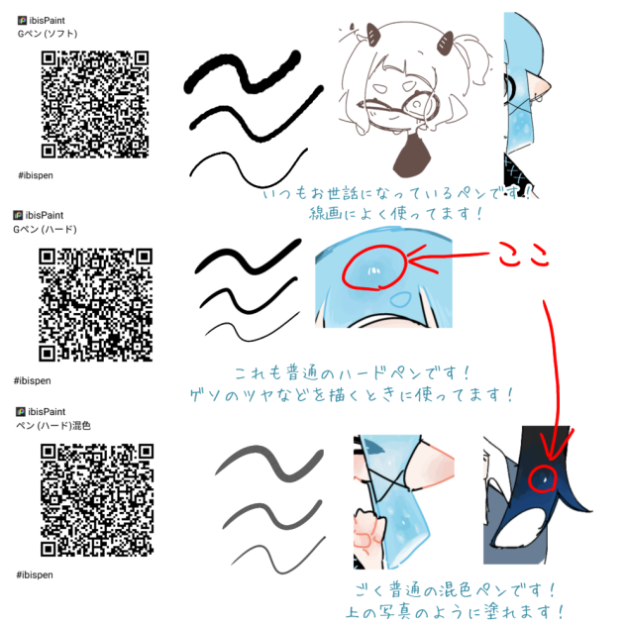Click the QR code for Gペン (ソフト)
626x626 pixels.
tap(97, 104)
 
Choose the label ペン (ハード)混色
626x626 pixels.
tap(52, 425)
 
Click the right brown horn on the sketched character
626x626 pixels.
tap(439, 43)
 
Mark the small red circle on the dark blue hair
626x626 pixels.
tap(543, 480)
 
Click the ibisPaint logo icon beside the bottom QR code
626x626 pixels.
tap(21, 410)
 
